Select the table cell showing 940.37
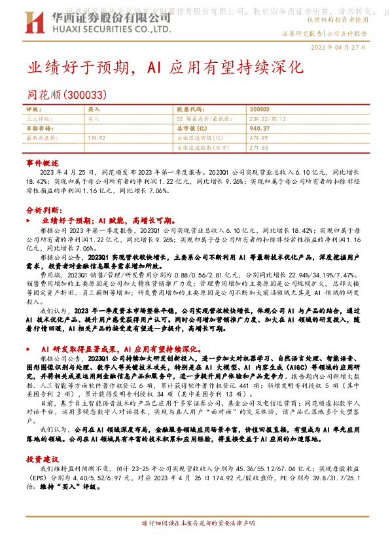click(259, 129)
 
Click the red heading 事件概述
click(43, 161)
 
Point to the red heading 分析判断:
click(44, 210)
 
